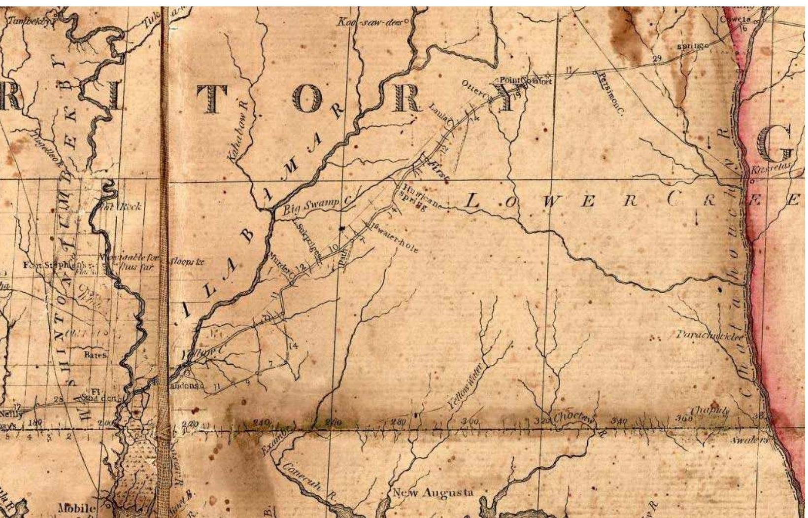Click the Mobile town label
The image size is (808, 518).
[76, 508]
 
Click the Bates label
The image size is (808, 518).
[95, 354]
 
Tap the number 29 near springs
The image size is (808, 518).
[657, 59]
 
